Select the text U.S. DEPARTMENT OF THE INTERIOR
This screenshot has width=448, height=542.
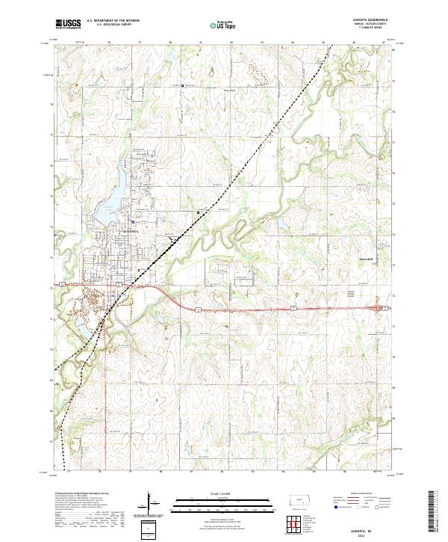(x=111, y=22)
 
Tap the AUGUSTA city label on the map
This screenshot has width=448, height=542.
(x=121, y=232)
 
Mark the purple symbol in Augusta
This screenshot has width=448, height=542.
(x=134, y=221)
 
